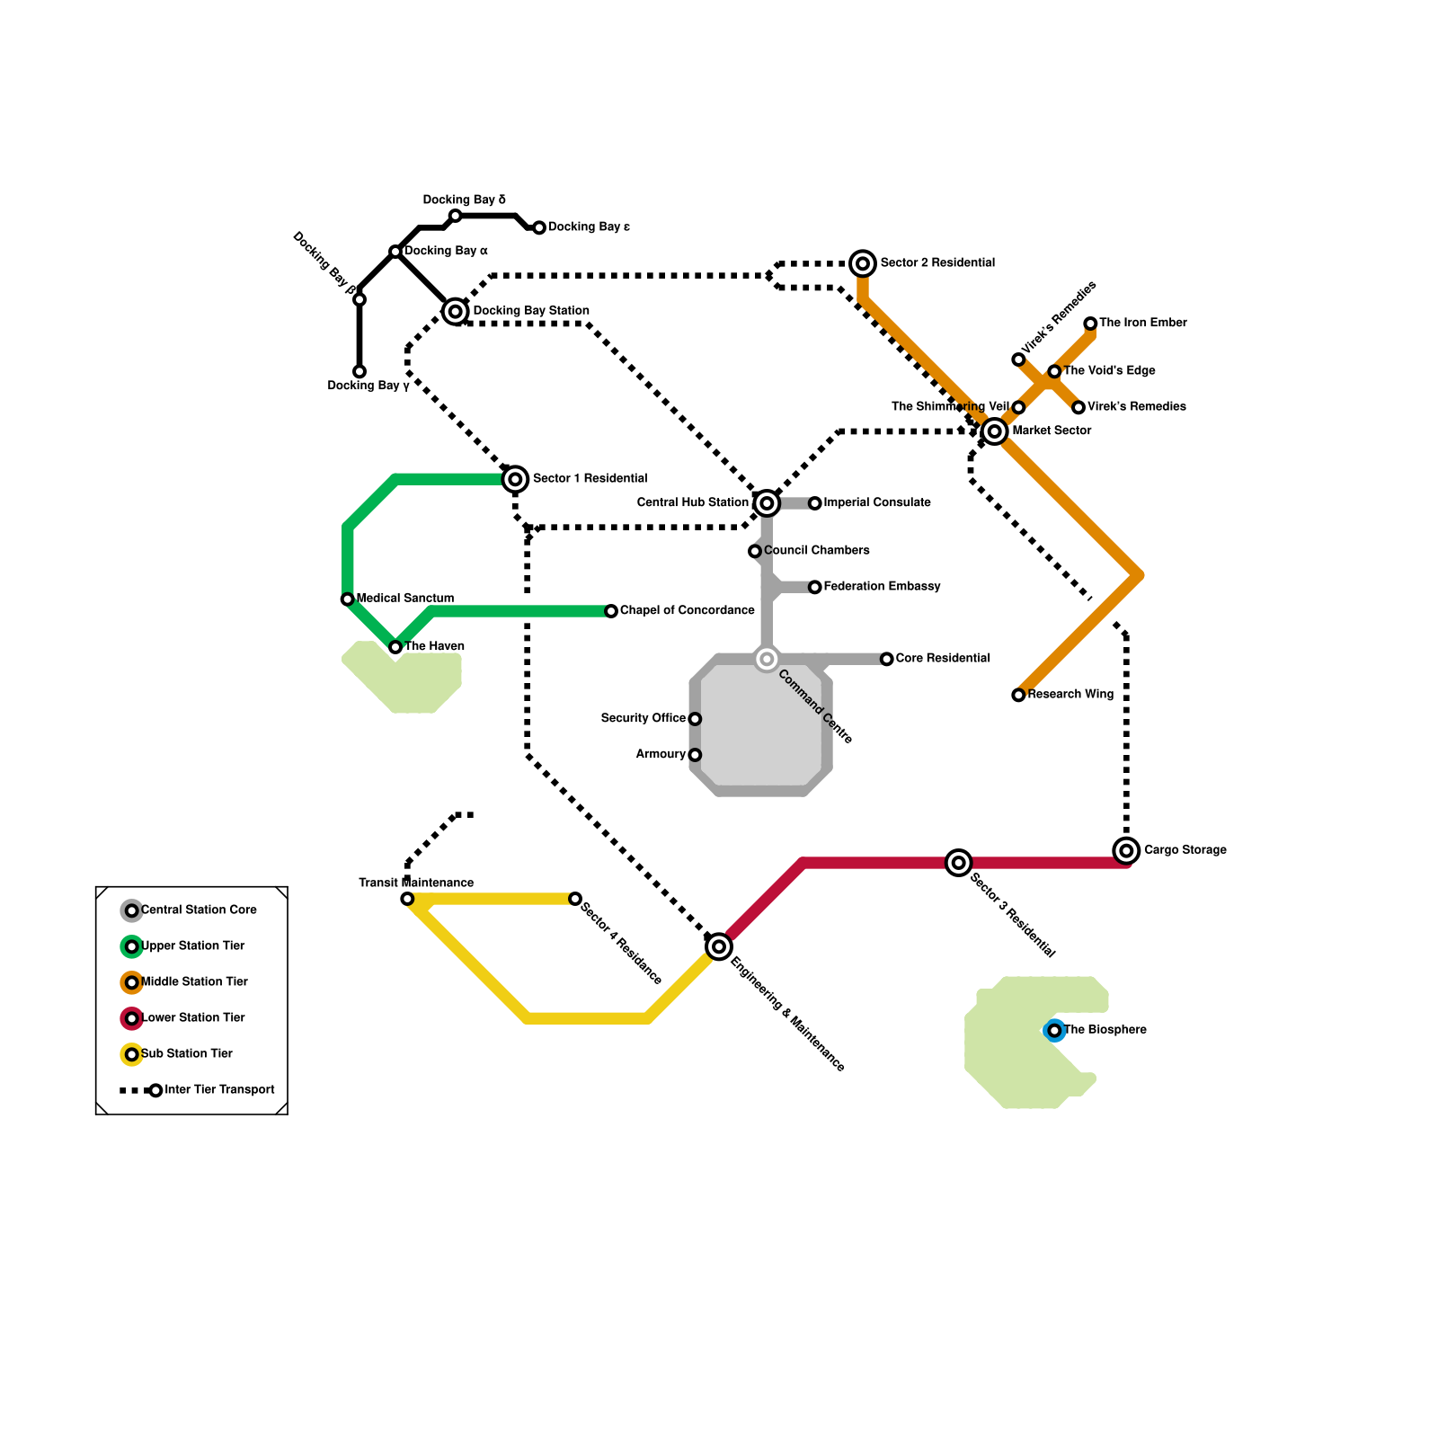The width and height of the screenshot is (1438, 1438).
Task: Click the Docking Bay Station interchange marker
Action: (x=456, y=312)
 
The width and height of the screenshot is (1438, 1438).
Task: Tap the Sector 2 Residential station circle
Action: (x=863, y=263)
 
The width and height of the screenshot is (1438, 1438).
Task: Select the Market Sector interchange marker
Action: (x=994, y=431)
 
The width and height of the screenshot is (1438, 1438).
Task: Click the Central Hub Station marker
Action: (x=767, y=503)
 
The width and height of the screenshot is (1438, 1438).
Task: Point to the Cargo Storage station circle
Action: (x=1126, y=850)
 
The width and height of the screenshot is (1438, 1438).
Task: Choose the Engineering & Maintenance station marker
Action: (x=719, y=946)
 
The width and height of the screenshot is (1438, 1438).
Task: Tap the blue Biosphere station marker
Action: (x=1054, y=1030)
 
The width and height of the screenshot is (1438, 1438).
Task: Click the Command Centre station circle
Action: (x=767, y=660)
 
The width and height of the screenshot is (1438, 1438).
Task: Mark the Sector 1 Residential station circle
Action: (x=515, y=479)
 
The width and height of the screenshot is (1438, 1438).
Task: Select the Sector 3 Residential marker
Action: (x=959, y=863)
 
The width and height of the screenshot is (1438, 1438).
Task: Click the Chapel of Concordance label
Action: (x=687, y=611)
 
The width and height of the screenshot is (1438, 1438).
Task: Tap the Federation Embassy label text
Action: (x=882, y=587)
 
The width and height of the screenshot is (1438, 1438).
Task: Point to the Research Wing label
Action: (x=1070, y=695)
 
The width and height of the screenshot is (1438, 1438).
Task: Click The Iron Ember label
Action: (x=1142, y=323)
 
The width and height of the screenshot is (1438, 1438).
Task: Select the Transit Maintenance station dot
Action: (x=407, y=899)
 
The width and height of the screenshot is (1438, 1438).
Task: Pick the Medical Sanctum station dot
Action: (x=348, y=599)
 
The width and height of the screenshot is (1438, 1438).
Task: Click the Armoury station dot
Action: (x=695, y=755)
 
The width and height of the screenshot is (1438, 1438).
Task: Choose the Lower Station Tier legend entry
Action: (x=192, y=1018)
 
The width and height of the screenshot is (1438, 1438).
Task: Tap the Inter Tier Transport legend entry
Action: (x=219, y=1090)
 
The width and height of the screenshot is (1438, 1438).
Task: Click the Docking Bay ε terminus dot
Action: (x=539, y=228)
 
